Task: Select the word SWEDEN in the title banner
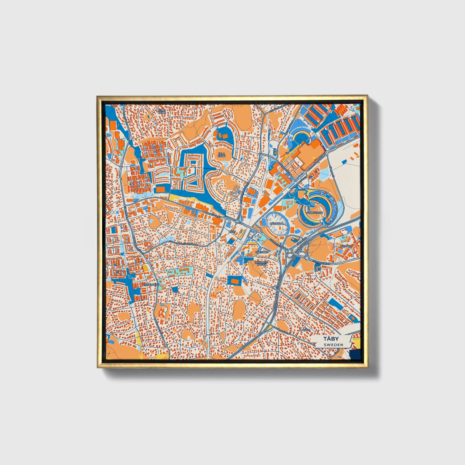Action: click(x=333, y=345)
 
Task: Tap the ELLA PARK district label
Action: click(x=162, y=111)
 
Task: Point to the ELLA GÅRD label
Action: click(x=221, y=155)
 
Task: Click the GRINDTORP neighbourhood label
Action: click(x=315, y=213)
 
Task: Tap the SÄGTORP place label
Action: click(x=262, y=252)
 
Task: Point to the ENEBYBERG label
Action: click(x=151, y=284)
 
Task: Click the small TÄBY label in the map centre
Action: click(x=232, y=231)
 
